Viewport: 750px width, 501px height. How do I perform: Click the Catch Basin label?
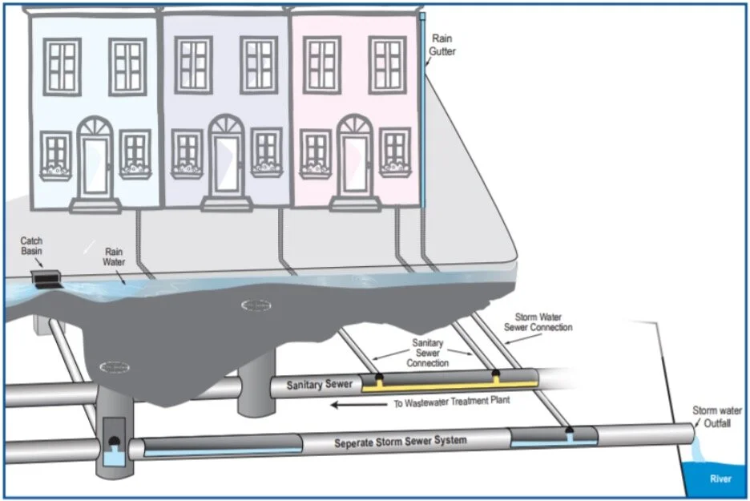(x=32, y=245)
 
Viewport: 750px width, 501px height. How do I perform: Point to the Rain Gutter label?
(x=444, y=45)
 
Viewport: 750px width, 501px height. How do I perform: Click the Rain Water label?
(x=114, y=257)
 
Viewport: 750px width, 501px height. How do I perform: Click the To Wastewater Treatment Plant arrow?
(x=358, y=405)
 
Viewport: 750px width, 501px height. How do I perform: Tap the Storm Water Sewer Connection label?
(x=538, y=322)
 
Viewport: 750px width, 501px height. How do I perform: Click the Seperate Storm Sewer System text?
(x=401, y=441)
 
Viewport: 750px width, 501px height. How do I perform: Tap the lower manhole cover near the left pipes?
(x=115, y=366)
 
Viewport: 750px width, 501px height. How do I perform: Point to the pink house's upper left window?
(x=321, y=65)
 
